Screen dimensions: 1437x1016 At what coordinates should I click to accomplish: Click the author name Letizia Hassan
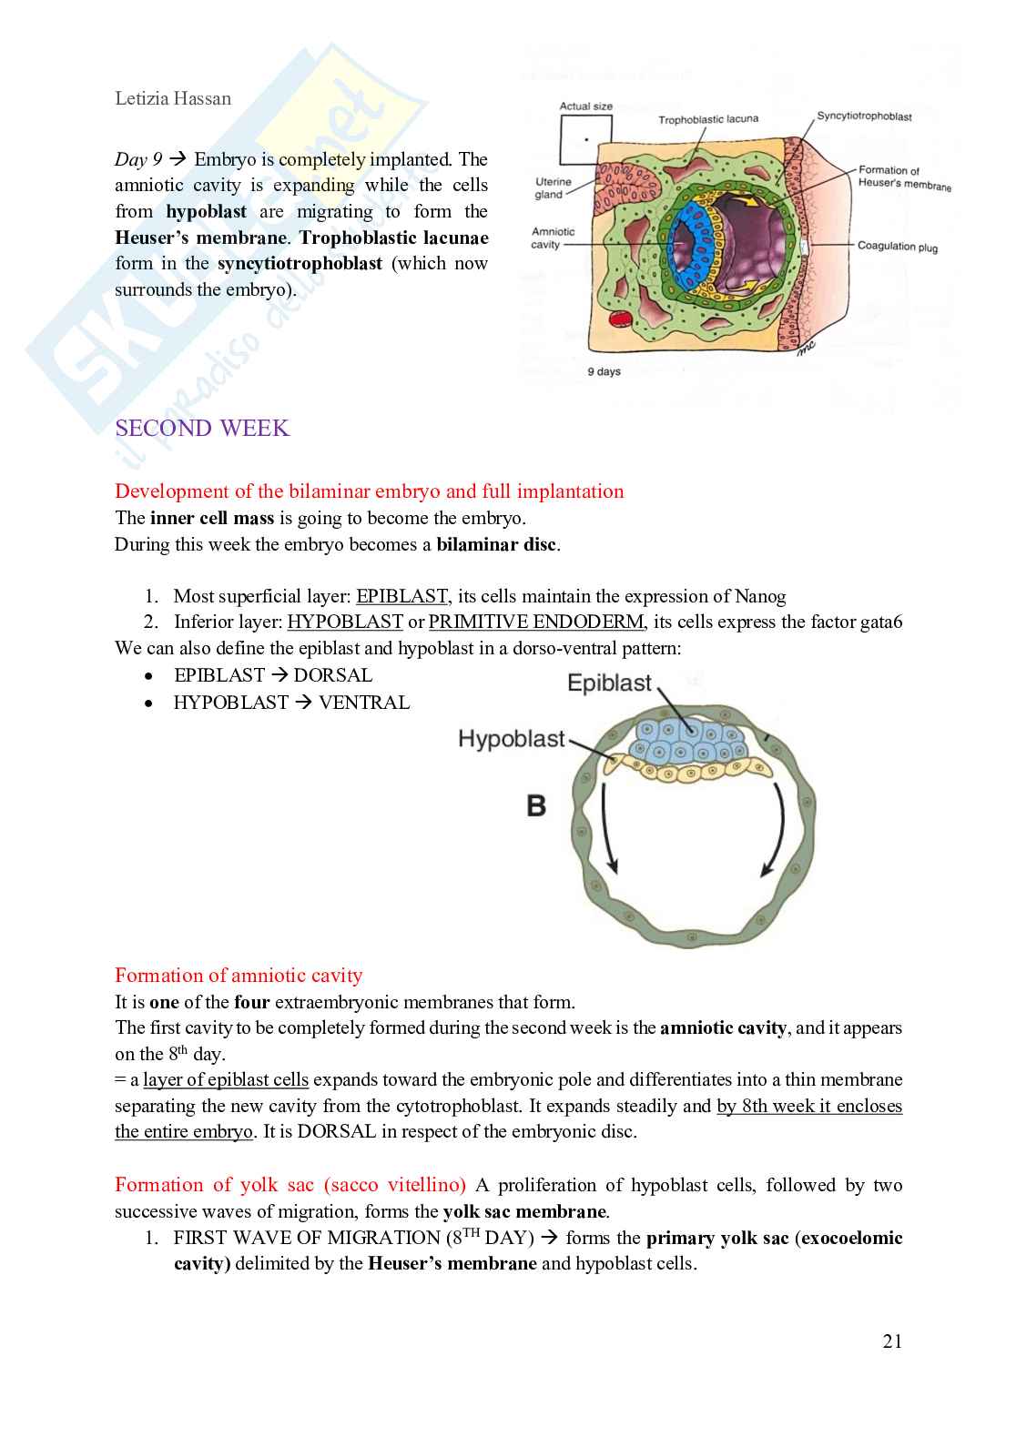click(x=173, y=98)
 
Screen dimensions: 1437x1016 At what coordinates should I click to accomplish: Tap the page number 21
click(x=891, y=1341)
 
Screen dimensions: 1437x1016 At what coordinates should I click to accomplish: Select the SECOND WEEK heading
click(x=202, y=429)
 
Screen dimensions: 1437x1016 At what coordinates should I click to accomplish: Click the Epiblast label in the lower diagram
click(x=609, y=683)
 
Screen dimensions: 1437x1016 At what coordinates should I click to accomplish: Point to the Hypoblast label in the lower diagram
click(x=512, y=738)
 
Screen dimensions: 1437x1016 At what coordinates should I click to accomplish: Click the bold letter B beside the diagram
click(x=536, y=805)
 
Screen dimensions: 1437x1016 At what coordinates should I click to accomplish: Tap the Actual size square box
click(x=585, y=141)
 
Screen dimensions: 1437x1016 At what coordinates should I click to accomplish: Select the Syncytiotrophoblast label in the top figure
click(x=864, y=116)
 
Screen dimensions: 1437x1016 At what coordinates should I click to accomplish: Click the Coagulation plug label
click(x=897, y=247)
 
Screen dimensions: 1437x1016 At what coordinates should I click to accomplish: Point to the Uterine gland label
click(x=553, y=188)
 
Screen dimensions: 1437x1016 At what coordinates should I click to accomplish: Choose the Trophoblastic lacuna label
click(x=707, y=119)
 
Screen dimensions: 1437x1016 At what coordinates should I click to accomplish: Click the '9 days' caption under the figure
click(x=604, y=371)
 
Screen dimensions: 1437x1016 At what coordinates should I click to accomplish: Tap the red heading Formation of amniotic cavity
click(x=239, y=976)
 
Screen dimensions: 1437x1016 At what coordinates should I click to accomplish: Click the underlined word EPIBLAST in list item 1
click(x=401, y=596)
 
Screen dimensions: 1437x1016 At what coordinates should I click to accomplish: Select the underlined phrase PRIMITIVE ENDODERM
click(x=535, y=622)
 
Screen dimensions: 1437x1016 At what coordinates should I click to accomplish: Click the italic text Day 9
click(x=138, y=159)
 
